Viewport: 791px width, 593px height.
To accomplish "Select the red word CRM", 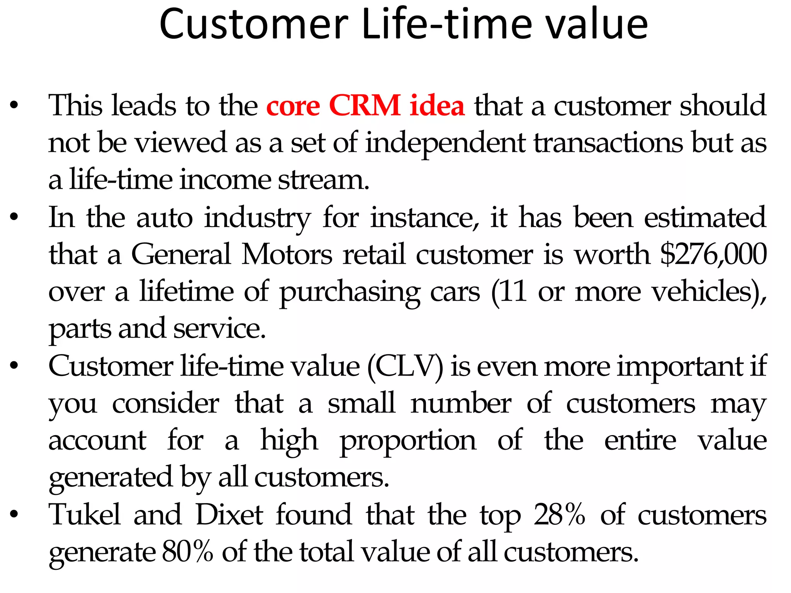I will coord(365,105).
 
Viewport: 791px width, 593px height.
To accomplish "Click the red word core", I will coord(293,106).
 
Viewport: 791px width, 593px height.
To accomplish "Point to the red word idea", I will coord(437,105).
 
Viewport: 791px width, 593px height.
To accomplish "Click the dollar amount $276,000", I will coord(713,254).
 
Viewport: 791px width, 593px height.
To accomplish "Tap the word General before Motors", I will coord(181,254).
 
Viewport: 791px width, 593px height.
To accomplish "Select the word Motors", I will coord(287,254).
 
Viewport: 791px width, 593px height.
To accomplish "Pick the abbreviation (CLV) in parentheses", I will coord(405,366).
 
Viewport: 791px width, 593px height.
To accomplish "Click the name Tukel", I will coord(85,514).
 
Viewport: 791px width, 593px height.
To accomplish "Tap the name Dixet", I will coord(229,514).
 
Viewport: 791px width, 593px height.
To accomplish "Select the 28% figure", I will coord(559,514).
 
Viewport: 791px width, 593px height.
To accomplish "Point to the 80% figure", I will coord(187,551).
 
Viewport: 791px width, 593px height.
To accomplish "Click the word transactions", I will coord(608,143).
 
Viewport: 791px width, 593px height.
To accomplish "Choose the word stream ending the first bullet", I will coord(323,180).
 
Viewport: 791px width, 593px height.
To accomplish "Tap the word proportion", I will coord(408,441).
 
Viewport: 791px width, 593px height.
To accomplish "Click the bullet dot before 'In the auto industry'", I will coord(14,217).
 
